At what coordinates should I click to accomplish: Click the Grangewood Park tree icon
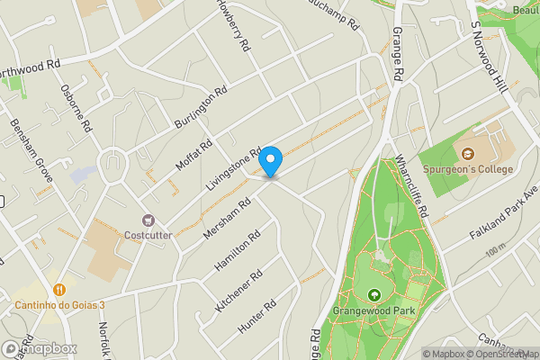pyautogui.click(x=373, y=295)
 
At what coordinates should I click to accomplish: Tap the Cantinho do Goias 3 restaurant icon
pyautogui.click(x=59, y=290)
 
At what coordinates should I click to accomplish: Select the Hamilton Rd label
pyautogui.click(x=238, y=251)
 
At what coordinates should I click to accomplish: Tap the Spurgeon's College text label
pyautogui.click(x=469, y=169)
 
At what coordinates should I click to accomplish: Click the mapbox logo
pyautogui.click(x=39, y=348)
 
